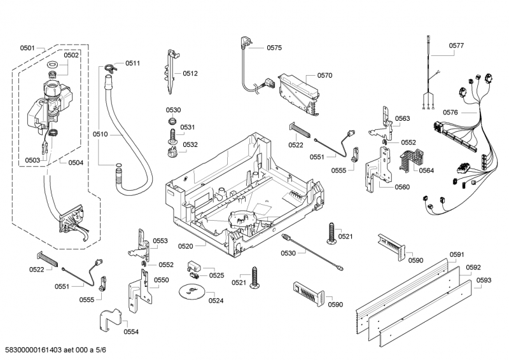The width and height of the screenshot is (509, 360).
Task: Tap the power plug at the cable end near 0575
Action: pos(244,44)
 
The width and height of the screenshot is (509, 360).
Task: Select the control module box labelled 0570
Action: pos(297,89)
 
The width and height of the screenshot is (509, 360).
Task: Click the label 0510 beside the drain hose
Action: pos(101,135)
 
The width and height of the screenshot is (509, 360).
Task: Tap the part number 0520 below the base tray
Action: pos(185,246)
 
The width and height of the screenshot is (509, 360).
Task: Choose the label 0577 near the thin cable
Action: pos(456,46)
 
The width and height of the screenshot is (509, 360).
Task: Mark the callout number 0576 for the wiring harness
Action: pos(450,112)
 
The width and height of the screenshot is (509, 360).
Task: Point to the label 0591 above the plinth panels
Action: pos(457,255)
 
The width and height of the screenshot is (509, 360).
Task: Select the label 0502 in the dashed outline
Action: pos(71,55)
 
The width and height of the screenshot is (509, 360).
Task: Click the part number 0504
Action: pos(76,162)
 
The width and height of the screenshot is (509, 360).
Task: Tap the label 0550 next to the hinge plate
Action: pos(162,280)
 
